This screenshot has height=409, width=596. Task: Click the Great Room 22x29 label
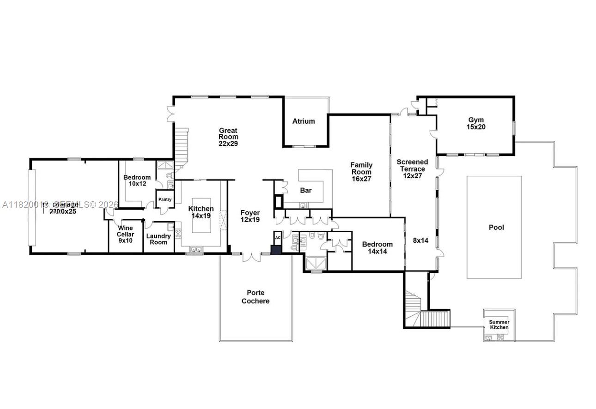point(228,137)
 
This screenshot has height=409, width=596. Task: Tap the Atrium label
point(304,121)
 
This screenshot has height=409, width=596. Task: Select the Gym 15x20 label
point(476,123)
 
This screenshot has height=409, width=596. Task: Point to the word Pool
point(496,228)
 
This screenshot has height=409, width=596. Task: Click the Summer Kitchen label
point(499,325)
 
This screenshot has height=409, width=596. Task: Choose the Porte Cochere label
point(258,297)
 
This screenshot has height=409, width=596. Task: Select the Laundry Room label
point(158,239)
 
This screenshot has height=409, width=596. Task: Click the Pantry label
point(165,200)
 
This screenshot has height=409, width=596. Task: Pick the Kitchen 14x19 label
point(201,212)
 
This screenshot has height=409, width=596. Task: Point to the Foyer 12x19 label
point(250,217)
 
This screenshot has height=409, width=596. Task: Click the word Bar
point(306,190)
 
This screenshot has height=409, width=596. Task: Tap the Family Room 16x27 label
point(361,172)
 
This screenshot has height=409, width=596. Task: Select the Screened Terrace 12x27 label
point(412,169)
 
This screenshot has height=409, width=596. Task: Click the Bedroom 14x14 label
point(377,248)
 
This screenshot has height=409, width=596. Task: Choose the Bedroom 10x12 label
point(137,180)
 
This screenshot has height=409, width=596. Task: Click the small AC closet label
point(278,238)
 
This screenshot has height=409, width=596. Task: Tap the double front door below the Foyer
point(252,257)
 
